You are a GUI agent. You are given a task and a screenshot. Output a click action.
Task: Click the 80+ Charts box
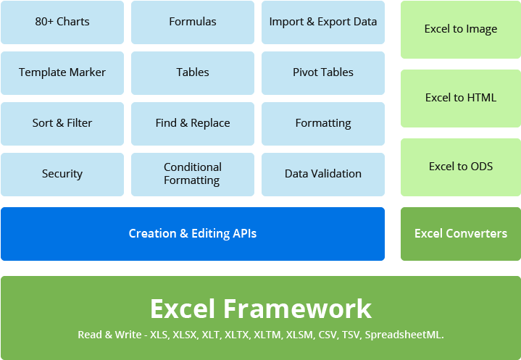(62, 22)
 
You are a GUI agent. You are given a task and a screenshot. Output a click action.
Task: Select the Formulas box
(193, 22)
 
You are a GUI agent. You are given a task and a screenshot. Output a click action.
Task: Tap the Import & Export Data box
(323, 22)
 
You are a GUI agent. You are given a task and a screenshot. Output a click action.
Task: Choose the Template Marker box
(62, 72)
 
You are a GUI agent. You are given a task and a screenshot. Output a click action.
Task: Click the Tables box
(193, 72)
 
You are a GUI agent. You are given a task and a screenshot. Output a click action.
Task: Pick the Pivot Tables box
(323, 72)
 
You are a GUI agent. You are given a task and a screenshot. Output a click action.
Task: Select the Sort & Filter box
(62, 123)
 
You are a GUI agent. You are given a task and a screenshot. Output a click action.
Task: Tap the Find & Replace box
(193, 123)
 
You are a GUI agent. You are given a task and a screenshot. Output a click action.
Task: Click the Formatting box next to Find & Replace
(323, 123)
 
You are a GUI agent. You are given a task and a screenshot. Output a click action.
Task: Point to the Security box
(62, 174)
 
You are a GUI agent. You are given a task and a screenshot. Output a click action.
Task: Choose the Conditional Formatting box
(193, 174)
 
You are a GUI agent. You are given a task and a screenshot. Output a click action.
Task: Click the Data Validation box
(323, 174)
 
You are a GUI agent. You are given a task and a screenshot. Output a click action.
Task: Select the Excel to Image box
(461, 30)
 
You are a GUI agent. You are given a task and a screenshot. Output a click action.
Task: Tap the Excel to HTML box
(461, 98)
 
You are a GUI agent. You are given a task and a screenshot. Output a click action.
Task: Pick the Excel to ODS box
(461, 167)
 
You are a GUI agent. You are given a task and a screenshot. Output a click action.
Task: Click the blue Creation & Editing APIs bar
(193, 234)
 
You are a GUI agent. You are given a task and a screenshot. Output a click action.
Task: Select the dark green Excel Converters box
(461, 234)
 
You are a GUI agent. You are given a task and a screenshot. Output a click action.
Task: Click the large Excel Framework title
(261, 309)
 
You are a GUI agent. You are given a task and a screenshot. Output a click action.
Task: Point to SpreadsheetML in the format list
(404, 335)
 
